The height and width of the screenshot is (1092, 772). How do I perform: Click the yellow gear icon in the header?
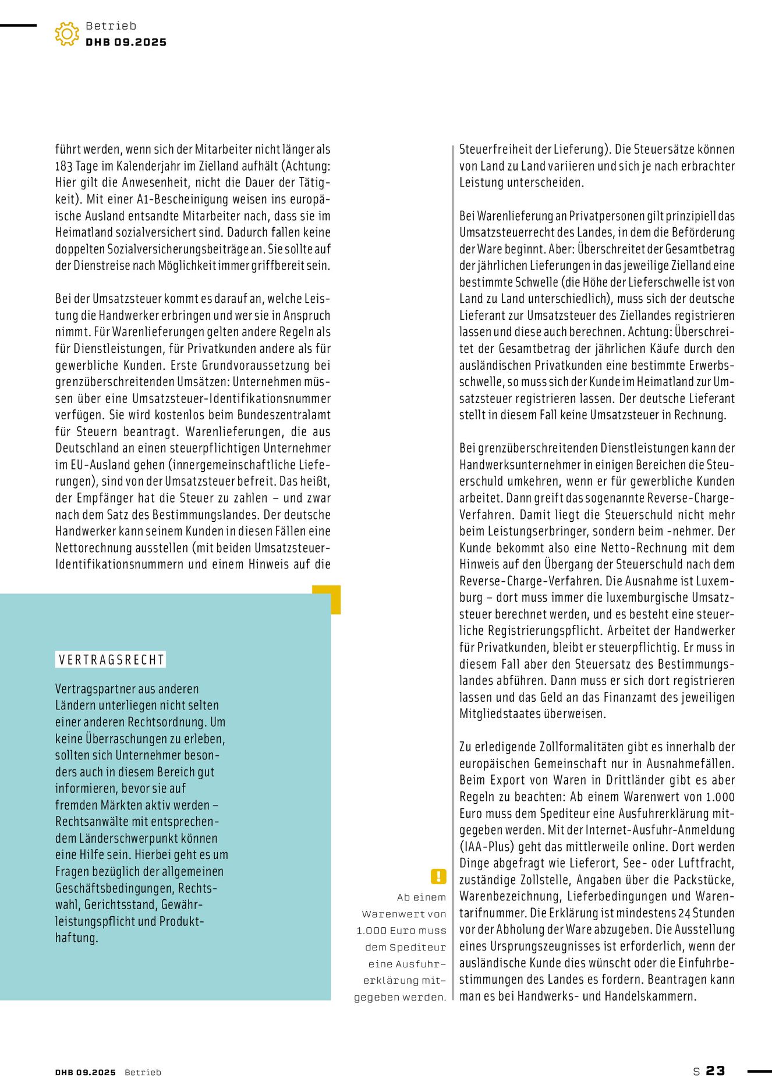[67, 34]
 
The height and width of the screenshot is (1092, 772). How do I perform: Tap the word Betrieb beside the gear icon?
[111, 26]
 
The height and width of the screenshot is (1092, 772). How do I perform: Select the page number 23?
[716, 1071]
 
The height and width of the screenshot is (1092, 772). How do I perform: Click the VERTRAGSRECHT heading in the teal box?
[111, 660]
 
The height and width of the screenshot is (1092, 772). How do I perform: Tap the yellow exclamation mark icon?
[438, 876]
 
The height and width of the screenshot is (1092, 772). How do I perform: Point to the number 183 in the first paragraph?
[63, 166]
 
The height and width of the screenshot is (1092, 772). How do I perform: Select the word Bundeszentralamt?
[284, 415]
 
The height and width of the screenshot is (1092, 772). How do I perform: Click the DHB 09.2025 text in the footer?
[86, 1072]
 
